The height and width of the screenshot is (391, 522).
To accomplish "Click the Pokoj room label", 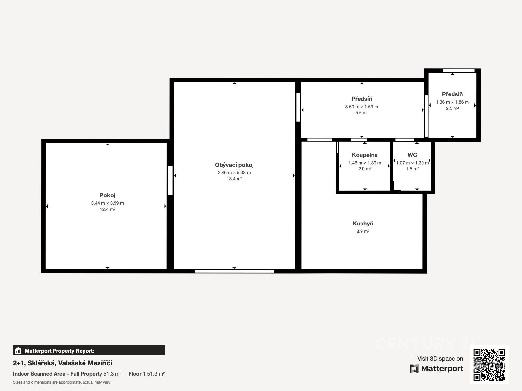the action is click(107, 195).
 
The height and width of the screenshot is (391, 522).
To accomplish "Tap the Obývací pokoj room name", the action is click(234, 165).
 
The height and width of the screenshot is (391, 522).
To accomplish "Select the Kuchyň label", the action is click(363, 224).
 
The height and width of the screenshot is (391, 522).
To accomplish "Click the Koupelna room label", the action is click(364, 155).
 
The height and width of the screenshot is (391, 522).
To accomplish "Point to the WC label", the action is click(412, 155).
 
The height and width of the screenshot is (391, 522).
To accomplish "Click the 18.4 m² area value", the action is click(234, 179).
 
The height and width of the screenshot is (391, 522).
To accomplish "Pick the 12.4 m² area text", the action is click(107, 209).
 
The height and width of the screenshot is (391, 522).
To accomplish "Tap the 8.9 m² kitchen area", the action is click(363, 231).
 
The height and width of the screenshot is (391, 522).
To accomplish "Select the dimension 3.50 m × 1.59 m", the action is click(361, 107).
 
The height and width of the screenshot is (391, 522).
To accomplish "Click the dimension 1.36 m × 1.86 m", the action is click(452, 102).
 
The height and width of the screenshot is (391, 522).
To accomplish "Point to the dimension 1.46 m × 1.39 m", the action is click(364, 163).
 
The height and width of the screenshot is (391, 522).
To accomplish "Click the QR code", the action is click(489, 365).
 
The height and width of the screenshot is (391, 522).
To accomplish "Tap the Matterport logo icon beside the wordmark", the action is click(414, 369).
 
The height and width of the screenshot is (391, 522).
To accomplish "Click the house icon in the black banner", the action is click(18, 350).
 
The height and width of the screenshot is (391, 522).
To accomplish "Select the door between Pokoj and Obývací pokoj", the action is click(170, 181).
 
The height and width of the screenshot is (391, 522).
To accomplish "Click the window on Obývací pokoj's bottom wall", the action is click(235, 271).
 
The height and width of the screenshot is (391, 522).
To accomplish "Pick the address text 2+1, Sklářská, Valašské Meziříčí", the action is click(62, 363).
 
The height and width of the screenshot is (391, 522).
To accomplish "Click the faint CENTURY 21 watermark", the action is click(426, 343).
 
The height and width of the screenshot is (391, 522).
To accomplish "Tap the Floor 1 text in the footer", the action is click(137, 374).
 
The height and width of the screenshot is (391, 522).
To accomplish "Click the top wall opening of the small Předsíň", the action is click(459, 70).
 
